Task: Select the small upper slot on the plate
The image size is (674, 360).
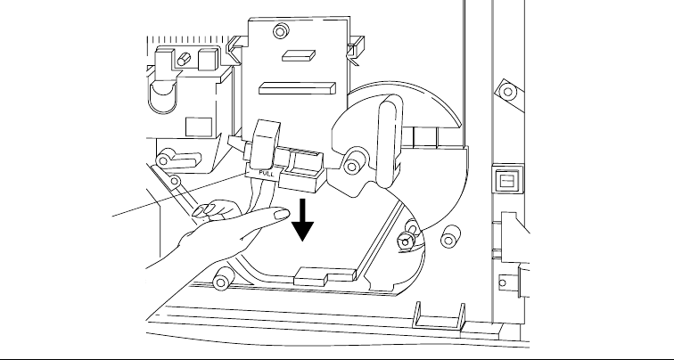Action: (x=295, y=55)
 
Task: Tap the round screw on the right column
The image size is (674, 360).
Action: (x=507, y=89)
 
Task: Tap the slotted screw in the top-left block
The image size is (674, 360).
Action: (x=184, y=59)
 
